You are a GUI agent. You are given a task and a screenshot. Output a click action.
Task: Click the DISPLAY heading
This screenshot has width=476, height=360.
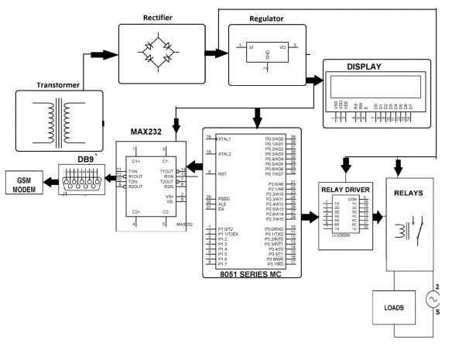point(363,67)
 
